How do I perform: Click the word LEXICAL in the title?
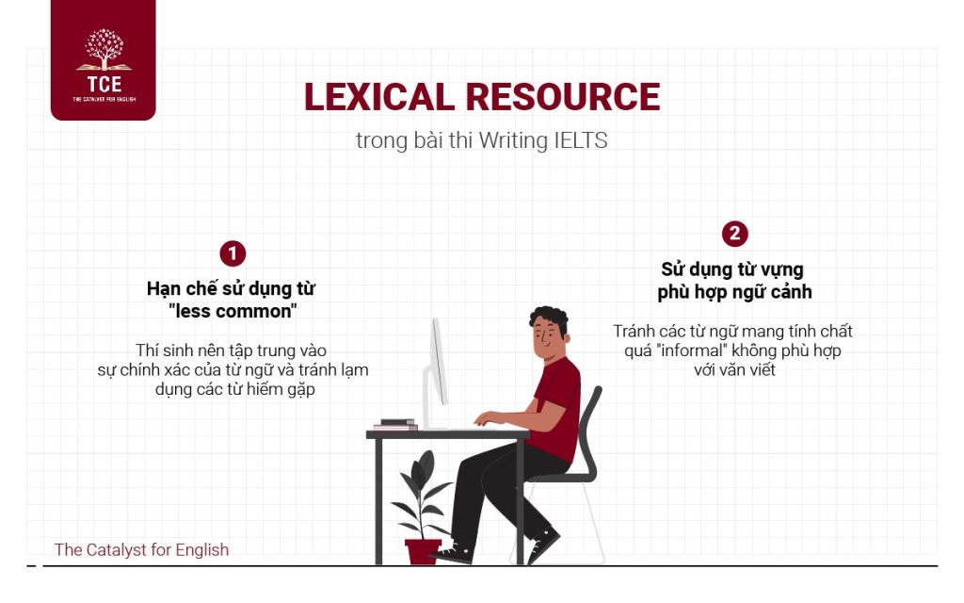[x=378, y=97]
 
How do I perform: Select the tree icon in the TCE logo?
[x=104, y=49]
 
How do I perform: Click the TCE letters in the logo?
[x=104, y=84]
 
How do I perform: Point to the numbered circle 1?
[x=233, y=253]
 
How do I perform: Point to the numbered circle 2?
[x=734, y=234]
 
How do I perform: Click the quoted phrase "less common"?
[x=232, y=311]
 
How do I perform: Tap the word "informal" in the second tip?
[x=675, y=350]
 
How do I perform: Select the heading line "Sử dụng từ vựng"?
[x=732, y=270]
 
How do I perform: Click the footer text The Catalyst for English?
[x=141, y=549]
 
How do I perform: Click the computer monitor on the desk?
[x=437, y=372]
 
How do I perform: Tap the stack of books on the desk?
[x=396, y=424]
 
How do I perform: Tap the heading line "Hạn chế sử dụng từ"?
[x=231, y=288]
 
